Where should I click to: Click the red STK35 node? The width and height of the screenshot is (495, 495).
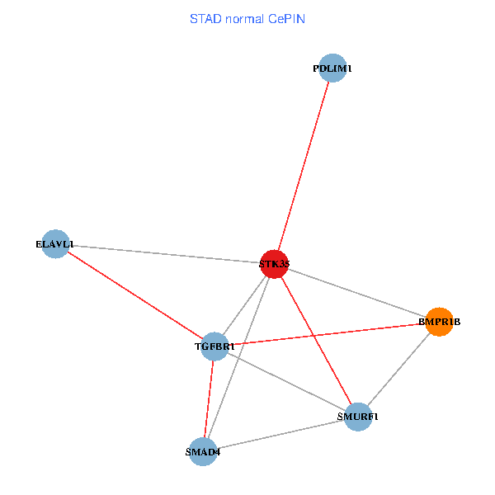[273, 264]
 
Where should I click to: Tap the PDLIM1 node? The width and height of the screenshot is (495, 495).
[332, 68]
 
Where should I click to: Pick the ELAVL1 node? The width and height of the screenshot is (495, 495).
[54, 244]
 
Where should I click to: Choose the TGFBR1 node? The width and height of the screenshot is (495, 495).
[214, 346]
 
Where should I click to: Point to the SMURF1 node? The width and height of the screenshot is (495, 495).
[358, 417]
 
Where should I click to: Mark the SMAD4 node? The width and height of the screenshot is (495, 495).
[203, 451]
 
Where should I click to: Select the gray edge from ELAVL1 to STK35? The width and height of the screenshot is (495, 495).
[165, 254]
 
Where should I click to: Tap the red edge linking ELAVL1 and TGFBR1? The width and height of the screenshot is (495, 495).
[134, 295]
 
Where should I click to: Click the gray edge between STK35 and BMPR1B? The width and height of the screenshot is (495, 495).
[356, 293]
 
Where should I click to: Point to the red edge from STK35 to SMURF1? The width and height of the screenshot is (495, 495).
[316, 341]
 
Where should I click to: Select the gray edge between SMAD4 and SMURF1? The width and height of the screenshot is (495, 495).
[280, 434]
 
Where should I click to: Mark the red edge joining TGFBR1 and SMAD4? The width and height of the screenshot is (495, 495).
[209, 399]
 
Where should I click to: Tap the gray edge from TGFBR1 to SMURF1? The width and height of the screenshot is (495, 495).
[286, 382]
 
